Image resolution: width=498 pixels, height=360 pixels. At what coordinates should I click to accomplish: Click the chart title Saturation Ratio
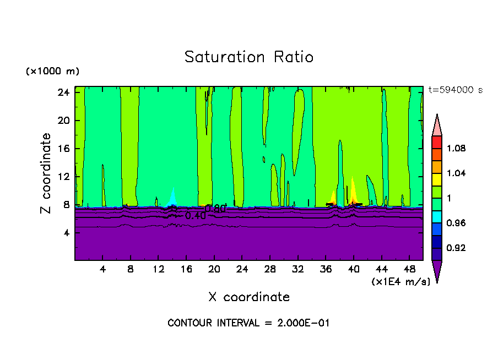248,57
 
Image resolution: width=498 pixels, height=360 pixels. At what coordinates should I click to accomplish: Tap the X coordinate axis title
249,297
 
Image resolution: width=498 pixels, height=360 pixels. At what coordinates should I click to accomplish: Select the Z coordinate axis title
47,173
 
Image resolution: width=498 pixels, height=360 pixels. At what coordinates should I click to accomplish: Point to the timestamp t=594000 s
455,90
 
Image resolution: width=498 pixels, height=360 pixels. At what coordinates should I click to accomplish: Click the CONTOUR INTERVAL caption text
248,323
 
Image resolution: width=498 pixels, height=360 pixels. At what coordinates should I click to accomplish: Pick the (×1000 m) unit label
52,72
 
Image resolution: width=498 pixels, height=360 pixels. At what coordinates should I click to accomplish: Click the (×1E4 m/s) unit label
400,282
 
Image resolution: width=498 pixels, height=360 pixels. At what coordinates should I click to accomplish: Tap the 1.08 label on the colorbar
456,149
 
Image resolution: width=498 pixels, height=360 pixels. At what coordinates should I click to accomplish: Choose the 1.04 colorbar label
456,173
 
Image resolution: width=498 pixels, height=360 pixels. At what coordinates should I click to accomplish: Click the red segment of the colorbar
436,142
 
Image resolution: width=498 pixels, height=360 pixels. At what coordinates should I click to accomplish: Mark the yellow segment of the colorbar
436,179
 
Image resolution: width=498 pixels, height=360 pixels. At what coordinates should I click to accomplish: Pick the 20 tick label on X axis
214,270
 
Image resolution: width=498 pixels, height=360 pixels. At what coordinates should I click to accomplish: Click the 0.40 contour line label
195,216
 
